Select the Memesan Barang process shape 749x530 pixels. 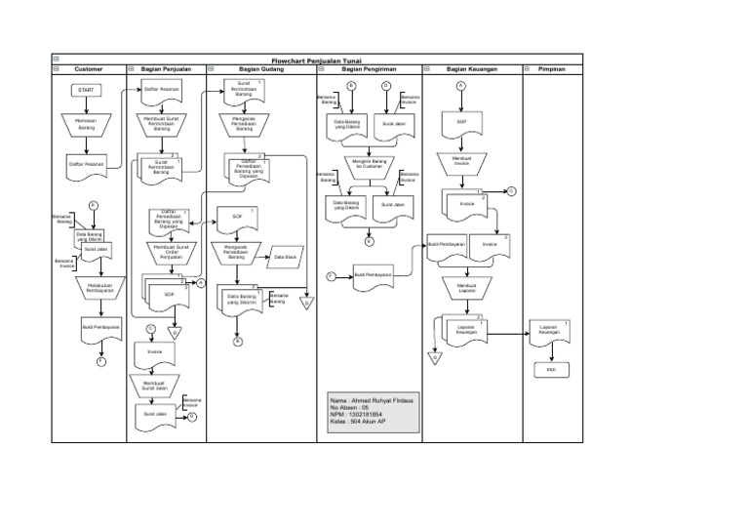coord(87,124)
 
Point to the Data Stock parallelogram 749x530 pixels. coord(286,257)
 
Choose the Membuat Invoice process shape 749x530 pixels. coord(461,161)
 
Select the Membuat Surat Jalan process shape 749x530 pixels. coord(156,386)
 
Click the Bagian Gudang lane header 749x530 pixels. coord(260,69)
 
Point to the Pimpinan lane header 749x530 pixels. coord(552,69)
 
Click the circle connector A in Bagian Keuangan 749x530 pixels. coord(460,86)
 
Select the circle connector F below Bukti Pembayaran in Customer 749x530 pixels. coord(100,362)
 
